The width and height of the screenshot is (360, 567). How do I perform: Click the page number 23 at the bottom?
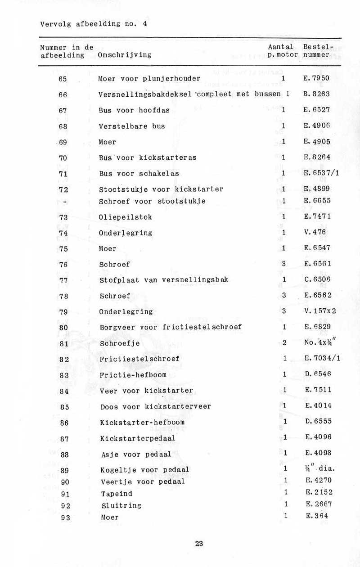coord(199,544)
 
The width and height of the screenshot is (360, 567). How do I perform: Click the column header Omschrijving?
coord(124,55)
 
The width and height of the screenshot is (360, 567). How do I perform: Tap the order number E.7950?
coord(316,78)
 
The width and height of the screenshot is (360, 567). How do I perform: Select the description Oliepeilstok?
coord(126,217)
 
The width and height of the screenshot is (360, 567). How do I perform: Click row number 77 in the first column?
coord(63,280)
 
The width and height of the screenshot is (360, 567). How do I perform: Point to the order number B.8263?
coord(316,94)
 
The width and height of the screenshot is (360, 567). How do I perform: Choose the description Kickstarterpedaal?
coord(138,438)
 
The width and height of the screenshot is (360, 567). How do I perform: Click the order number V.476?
coord(315,232)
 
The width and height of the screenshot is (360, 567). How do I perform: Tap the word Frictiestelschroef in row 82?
coord(139,359)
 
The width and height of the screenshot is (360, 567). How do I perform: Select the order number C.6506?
coord(317,280)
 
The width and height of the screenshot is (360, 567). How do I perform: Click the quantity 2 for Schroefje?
coord(284,343)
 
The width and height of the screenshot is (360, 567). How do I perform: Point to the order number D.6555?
coord(318,422)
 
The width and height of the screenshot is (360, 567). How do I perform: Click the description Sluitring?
coord(121,506)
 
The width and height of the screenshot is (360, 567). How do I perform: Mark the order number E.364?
coord(316,516)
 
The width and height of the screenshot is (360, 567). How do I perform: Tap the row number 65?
coord(63,79)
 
